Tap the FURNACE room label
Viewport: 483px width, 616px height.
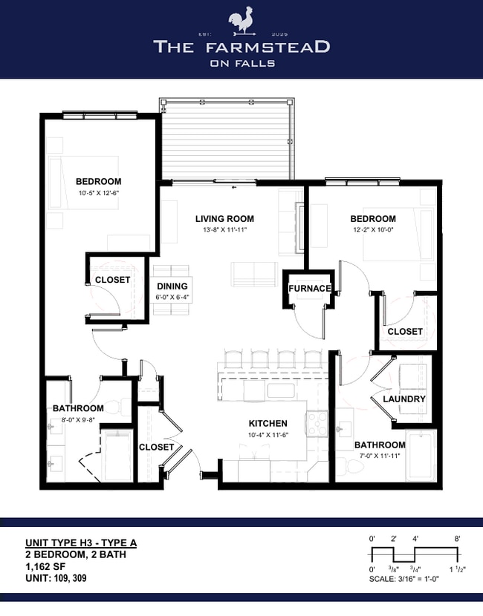click(310, 289)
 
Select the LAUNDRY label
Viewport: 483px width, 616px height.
click(404, 399)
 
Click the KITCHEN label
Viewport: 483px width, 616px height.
click(268, 423)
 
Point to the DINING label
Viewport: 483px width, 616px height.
click(172, 286)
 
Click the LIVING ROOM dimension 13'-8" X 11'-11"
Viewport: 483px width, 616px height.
click(224, 230)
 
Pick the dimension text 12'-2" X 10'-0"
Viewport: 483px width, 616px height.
click(373, 230)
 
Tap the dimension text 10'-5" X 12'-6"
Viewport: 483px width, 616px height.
click(99, 193)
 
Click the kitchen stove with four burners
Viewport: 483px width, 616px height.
click(317, 424)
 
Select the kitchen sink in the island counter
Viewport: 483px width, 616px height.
click(281, 390)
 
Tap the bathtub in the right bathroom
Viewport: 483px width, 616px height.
click(421, 456)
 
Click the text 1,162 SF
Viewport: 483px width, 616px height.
click(45, 566)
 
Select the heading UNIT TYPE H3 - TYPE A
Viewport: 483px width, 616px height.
click(81, 543)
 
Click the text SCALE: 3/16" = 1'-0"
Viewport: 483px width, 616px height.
click(404, 579)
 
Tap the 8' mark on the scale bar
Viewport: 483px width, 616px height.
click(457, 539)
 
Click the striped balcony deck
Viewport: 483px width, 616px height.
click(226, 140)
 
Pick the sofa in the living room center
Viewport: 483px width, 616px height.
click(254, 275)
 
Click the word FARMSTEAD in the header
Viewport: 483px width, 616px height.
click(268, 47)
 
